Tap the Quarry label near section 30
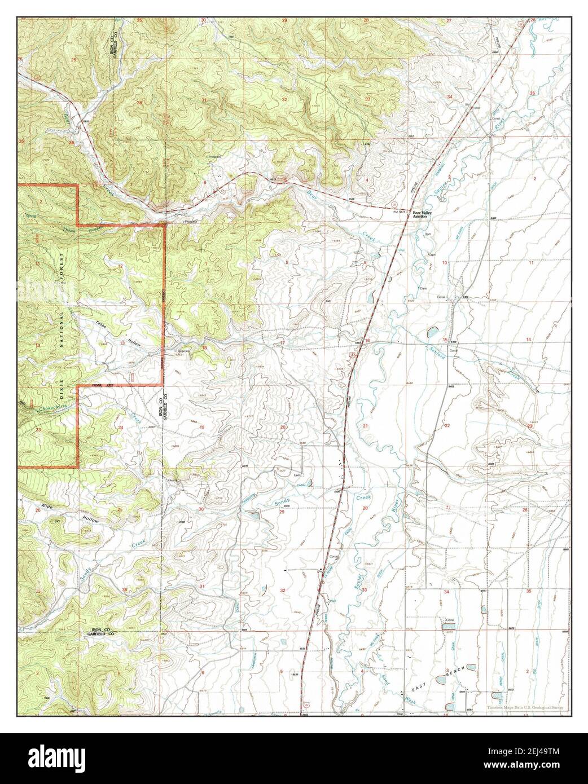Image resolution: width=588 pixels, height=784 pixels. click(173, 479)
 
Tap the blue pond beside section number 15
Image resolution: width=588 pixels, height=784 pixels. click(432, 332)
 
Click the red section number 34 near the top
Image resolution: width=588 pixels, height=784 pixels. click(450, 97)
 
